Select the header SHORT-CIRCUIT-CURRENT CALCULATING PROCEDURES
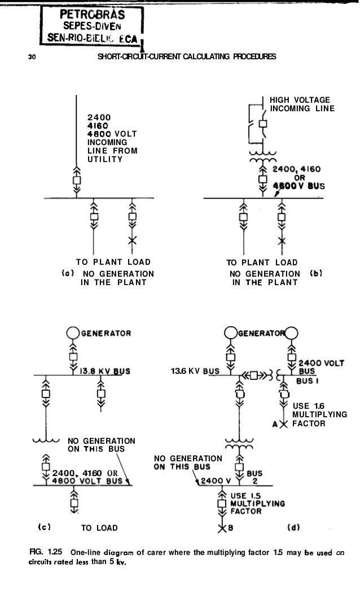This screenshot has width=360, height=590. [187, 57]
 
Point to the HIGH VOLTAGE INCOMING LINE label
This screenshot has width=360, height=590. [299, 104]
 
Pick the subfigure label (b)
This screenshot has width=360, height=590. [317, 273]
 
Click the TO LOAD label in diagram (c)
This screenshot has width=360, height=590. [99, 528]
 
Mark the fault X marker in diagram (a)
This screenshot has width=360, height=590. [133, 241]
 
